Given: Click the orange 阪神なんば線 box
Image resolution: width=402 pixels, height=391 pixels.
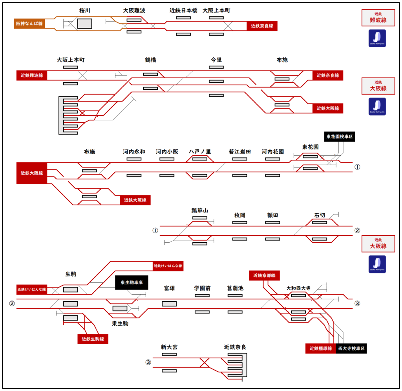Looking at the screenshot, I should (29, 24).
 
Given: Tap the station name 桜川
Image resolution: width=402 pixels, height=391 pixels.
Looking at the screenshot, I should (84, 11).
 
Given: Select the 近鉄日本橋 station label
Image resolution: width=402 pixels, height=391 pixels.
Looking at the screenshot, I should (183, 11).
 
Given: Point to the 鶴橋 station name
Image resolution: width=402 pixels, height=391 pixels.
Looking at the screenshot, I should (150, 60).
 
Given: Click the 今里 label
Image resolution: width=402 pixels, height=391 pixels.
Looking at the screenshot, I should (216, 60).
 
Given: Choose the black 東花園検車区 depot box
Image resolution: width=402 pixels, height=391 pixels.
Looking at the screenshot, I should (340, 137).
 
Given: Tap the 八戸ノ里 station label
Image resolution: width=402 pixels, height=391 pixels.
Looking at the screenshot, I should (200, 152).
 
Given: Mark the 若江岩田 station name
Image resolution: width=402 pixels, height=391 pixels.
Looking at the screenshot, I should (240, 152).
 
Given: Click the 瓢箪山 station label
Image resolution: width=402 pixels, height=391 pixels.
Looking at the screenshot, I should (199, 211).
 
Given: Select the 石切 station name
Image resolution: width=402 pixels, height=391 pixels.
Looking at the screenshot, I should (320, 215).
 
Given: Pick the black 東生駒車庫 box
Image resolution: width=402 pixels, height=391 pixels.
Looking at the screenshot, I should (132, 283).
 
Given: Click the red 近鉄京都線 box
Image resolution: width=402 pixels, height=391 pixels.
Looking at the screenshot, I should (264, 275).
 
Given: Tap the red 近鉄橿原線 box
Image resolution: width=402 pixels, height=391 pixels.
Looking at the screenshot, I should (321, 349).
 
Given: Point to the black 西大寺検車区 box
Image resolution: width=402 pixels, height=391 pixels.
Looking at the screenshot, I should (351, 349).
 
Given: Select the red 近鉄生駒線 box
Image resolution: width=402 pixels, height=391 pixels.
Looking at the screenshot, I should (93, 339).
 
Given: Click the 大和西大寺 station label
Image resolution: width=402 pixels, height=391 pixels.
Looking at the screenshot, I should (298, 288).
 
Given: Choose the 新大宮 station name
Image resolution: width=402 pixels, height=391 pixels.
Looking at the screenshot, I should (169, 347).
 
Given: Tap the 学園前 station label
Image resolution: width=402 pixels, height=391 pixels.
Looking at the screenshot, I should (202, 288).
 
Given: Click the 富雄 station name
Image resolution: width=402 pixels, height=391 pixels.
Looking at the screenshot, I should (169, 288).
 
